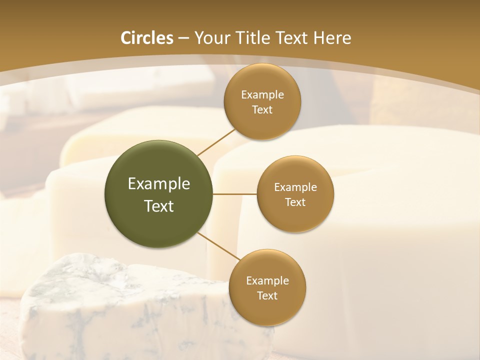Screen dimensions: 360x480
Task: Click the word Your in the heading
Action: pos(211,38)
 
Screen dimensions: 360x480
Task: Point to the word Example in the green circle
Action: pos(159,184)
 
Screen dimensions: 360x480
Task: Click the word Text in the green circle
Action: pos(159,206)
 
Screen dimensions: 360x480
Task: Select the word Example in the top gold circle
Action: pos(262,95)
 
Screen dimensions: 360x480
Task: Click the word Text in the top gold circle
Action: pos(262,110)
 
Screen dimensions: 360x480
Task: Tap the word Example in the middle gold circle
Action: pos(295,187)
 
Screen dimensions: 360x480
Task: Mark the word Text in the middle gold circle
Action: pos(295,202)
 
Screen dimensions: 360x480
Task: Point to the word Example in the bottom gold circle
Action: pos(267,281)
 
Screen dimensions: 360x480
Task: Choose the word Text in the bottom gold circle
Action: pos(267,296)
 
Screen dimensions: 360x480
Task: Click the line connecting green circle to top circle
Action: pos(216,141)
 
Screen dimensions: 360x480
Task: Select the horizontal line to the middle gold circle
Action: pos(235,194)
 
